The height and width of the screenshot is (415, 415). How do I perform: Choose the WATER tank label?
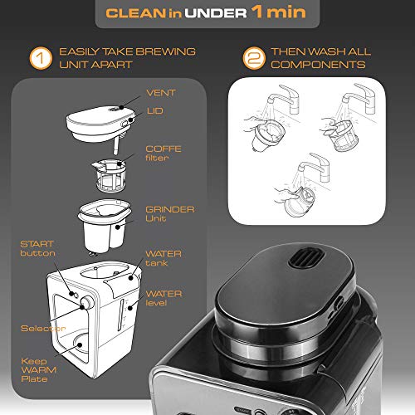pyautogui.click(x=164, y=259)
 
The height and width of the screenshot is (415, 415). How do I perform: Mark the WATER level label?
pyautogui.click(x=164, y=299)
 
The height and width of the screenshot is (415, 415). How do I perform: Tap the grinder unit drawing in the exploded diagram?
pyautogui.click(x=104, y=223)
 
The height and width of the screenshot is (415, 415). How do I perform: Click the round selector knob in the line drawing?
pyautogui.click(x=85, y=305)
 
